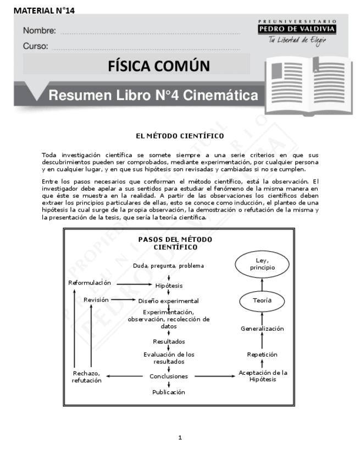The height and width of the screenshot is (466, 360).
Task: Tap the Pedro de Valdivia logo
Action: point(297,32)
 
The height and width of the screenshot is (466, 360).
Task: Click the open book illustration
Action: point(306,84)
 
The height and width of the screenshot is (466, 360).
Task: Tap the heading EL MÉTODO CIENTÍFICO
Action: point(180,135)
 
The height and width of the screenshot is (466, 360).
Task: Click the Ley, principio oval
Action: point(262,264)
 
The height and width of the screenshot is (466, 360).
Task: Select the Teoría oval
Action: point(262,301)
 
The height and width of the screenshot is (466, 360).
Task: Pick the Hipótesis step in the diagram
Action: point(169,286)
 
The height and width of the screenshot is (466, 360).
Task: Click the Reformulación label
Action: point(90,282)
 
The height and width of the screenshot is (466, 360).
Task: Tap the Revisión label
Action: point(96,300)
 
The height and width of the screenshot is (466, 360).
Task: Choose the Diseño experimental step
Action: point(168,301)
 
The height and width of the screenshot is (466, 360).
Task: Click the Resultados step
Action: point(169,341)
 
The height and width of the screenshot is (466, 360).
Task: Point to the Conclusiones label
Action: point(169,376)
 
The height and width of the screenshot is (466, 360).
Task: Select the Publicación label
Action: point(169,392)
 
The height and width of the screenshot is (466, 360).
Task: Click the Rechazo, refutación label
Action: point(86,377)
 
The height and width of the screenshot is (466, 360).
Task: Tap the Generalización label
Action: point(262,329)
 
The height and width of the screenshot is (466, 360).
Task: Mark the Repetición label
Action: point(262,355)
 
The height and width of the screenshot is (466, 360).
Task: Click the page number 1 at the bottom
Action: point(180,438)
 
